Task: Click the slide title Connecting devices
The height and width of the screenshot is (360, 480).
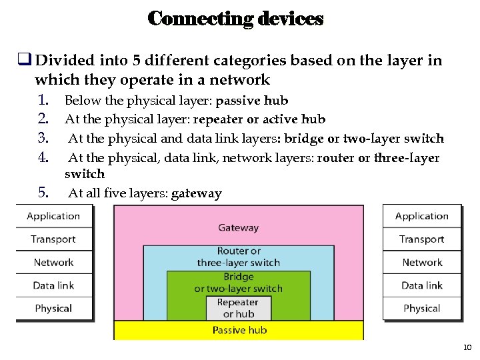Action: (235, 19)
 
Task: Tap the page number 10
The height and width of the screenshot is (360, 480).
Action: (467, 347)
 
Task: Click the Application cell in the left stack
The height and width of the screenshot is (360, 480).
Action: (53, 216)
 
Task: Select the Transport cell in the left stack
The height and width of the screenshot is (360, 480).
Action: (53, 239)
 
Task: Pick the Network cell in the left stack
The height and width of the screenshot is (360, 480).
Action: (53, 262)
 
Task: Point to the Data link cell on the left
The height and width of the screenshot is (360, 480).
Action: (53, 285)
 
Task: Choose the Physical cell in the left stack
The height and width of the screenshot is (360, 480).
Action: (53, 308)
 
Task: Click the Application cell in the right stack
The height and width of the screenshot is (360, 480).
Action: (421, 216)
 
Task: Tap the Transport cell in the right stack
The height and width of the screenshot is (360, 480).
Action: (421, 239)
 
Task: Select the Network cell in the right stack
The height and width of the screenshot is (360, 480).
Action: (421, 262)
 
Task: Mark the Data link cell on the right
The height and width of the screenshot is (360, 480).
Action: (421, 285)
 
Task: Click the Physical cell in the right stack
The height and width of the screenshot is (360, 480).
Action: (421, 308)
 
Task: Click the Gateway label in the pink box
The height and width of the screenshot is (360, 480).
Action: (238, 227)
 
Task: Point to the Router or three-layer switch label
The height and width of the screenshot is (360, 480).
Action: (238, 257)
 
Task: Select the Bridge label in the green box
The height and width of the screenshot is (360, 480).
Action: (238, 277)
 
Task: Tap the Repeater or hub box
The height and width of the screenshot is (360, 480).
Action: (238, 308)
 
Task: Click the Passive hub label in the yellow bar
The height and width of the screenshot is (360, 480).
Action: (238, 330)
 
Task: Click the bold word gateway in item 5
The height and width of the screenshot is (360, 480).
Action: (196, 194)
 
